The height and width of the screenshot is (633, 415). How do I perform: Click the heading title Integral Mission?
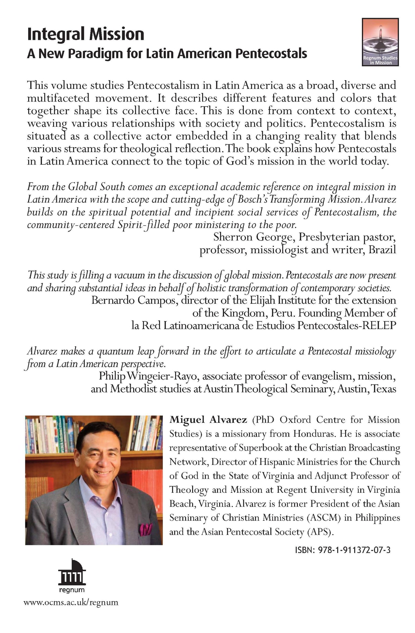(86, 34)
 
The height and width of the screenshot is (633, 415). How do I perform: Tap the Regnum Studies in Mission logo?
(380, 42)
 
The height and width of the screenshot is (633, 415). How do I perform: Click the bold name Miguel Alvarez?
(208, 420)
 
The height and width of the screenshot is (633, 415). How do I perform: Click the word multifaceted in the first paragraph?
(58, 98)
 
